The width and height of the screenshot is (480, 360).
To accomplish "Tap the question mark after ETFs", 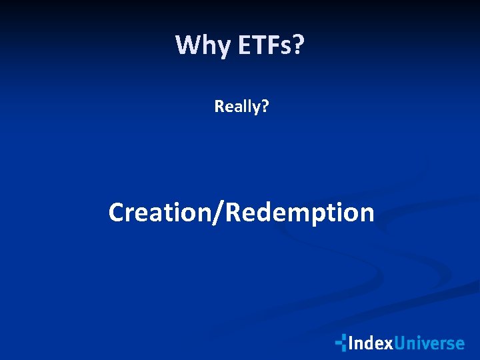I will (298, 45).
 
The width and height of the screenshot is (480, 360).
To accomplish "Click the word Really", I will (237, 106).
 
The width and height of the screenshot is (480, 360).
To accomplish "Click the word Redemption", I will (300, 213).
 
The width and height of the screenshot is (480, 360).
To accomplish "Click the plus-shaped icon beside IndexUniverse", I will (341, 343).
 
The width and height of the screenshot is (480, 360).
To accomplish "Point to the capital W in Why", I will (186, 45).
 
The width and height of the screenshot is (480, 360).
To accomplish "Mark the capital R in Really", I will (219, 105).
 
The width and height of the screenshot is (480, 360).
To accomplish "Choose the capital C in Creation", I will (117, 213).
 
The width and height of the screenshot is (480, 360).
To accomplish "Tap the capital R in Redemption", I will (233, 213).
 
